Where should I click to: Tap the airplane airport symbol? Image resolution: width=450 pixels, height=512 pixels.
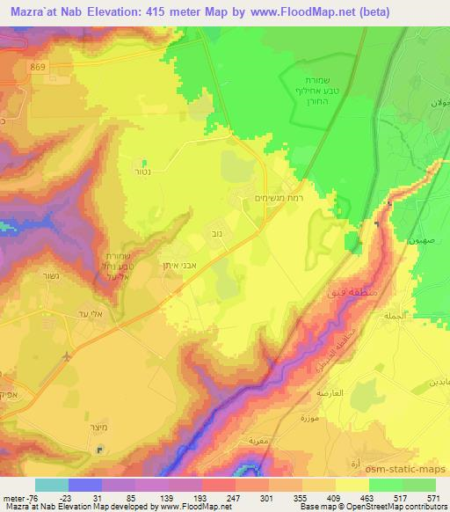click(69, 357)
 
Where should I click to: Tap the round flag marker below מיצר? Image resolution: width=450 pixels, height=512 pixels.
click(99, 450)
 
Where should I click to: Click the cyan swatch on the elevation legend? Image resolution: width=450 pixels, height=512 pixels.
click(52, 485)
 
